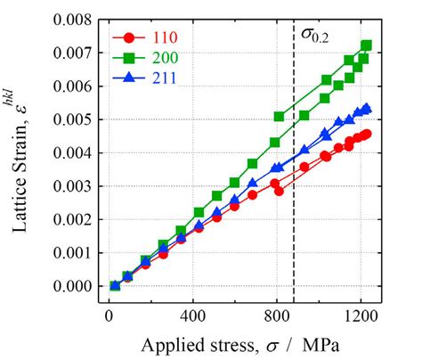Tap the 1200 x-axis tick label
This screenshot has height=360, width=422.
(x=361, y=314)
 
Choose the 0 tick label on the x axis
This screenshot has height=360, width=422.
(x=110, y=314)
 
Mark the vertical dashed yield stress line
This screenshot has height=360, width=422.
(x=294, y=178)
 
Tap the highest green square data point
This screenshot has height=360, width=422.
(x=366, y=45)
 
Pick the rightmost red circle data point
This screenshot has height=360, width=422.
(x=366, y=134)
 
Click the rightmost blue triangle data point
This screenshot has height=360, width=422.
(x=366, y=109)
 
